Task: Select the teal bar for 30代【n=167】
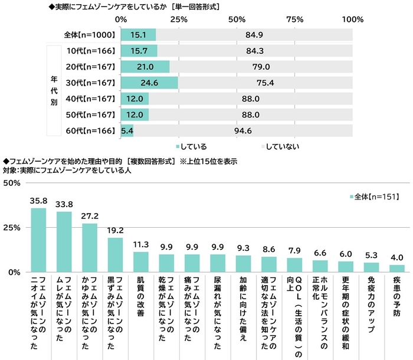(149, 83)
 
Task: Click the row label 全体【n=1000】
(88, 35)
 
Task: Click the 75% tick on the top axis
(294, 19)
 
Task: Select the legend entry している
(194, 145)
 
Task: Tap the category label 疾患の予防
(397, 296)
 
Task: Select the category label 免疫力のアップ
(371, 301)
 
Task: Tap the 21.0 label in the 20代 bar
(145, 67)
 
